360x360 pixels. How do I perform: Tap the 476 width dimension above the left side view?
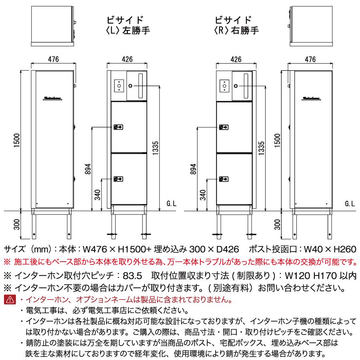tap(53, 59)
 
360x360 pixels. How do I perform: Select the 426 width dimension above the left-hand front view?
tap(128, 59)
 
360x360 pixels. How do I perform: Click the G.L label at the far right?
tap(350, 204)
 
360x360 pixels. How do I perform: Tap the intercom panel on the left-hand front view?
tap(118, 85)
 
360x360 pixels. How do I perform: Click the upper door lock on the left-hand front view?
tap(118, 127)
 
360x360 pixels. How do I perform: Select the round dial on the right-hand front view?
tap(236, 86)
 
